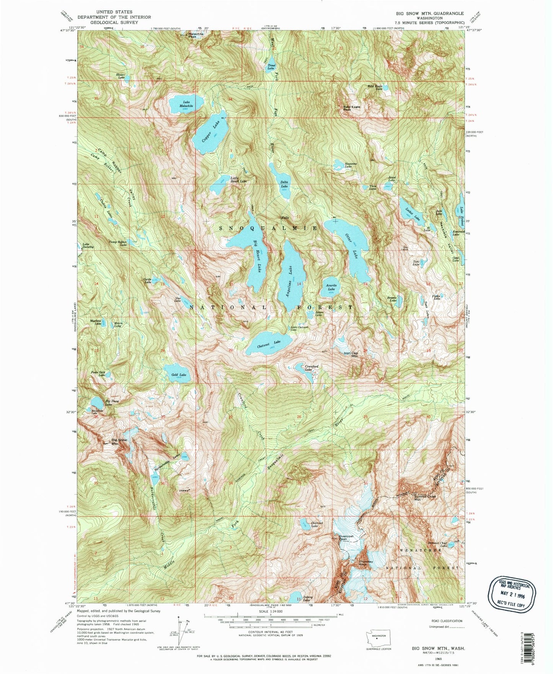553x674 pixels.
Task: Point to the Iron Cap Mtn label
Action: pos(351,355)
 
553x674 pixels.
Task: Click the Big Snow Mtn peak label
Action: pos(119,442)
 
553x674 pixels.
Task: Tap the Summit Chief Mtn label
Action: pos(425,498)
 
